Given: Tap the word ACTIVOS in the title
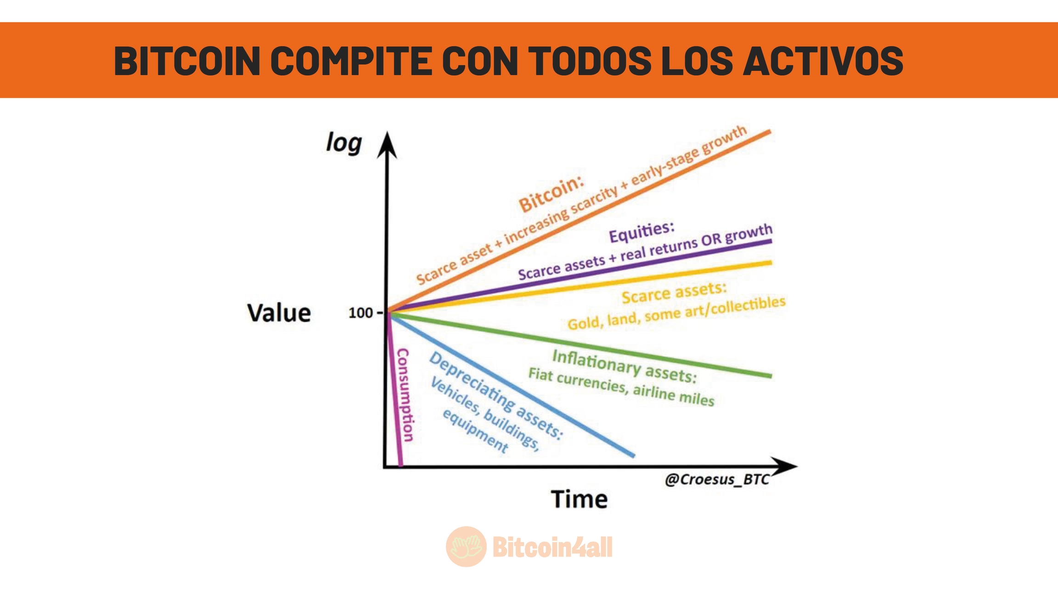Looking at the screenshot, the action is pyautogui.click(x=823, y=61).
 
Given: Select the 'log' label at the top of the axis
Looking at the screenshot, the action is pyautogui.click(x=344, y=143).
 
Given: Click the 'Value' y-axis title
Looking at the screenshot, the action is pyautogui.click(x=279, y=313).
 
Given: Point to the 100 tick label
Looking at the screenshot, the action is pyautogui.click(x=360, y=313).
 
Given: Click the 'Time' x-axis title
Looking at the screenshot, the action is pyautogui.click(x=579, y=499).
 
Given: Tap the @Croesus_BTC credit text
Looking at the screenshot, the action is pyautogui.click(x=717, y=479).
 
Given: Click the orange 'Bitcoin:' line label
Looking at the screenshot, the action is pyautogui.click(x=551, y=195).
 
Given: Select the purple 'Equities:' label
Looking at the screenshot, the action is pyautogui.click(x=642, y=232).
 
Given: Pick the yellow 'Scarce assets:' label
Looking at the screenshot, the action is pyautogui.click(x=674, y=293).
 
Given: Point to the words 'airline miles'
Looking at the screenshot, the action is pyautogui.click(x=674, y=395).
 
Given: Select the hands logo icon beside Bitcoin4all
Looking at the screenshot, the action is pyautogui.click(x=466, y=546).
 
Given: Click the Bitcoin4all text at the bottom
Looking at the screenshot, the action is pyautogui.click(x=552, y=547).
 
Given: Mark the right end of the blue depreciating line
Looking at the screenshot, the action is pyautogui.click(x=634, y=456).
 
